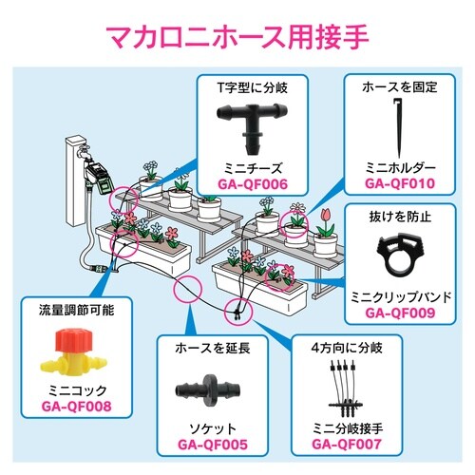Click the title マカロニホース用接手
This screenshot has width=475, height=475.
237,41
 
